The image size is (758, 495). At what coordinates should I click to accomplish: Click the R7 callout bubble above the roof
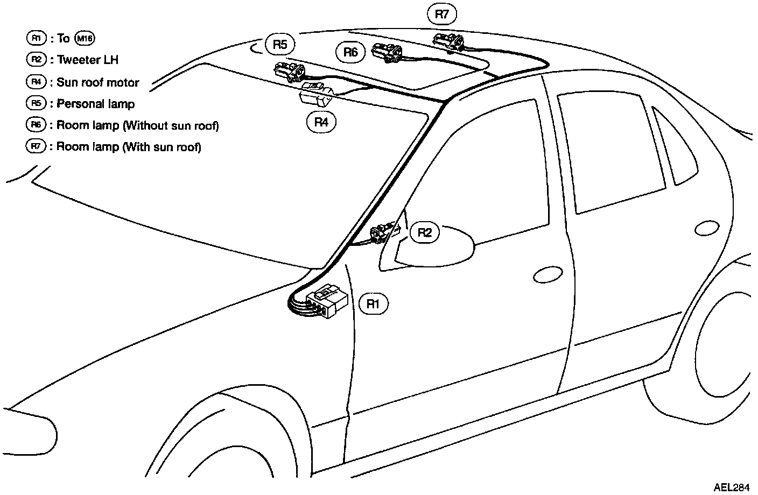pos(441,14)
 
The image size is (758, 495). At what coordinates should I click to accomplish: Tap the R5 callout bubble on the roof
pos(280,44)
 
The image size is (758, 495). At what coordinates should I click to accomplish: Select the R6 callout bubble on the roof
pos(350,52)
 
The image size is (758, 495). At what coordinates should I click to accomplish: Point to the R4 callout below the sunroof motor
pos(321,122)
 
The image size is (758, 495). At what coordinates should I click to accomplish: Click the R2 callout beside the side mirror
pos(425,232)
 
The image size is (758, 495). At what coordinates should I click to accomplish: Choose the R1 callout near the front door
pos(373,304)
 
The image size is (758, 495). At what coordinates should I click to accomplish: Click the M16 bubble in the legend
pos(85,38)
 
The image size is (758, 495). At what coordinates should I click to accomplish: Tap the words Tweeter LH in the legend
pos(88,60)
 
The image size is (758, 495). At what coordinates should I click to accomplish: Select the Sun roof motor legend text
pos(98,82)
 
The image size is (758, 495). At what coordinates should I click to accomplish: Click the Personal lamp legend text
pos(95,104)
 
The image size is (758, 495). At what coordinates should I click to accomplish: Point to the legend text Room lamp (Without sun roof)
pos(138,125)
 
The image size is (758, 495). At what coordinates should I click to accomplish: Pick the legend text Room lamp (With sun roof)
pos(129,147)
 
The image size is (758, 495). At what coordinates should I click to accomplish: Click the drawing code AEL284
pos(732,487)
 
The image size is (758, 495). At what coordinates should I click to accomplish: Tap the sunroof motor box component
pos(316,94)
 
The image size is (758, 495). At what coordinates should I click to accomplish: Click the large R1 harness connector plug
pos(327,301)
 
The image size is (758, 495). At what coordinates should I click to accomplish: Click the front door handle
pos(548,274)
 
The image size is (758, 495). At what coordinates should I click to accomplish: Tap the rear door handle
pos(707,228)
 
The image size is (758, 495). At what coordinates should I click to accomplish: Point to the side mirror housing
pos(427,249)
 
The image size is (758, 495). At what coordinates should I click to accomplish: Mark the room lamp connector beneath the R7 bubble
pos(448,43)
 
